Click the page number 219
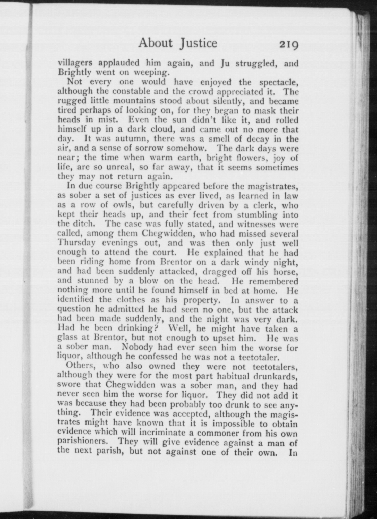(288, 45)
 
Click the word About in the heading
(155, 43)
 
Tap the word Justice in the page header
(198, 43)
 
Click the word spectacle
(279, 82)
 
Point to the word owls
(139, 205)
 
